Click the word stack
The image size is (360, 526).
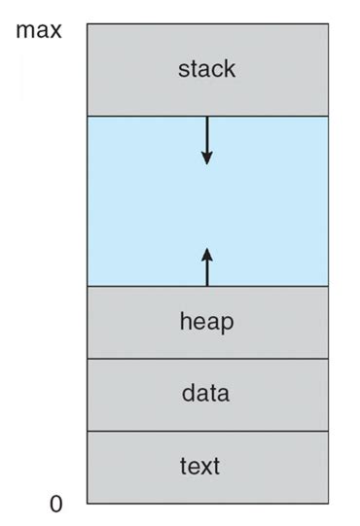click(206, 69)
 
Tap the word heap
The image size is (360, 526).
click(206, 322)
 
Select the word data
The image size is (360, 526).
click(206, 394)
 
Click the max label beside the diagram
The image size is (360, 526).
click(39, 30)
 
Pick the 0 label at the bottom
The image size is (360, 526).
click(55, 503)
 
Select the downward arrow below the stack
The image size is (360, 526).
click(206, 140)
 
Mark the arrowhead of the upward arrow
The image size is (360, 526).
click(206, 251)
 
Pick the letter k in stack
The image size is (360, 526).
click(230, 69)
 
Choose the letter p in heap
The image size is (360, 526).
click(227, 324)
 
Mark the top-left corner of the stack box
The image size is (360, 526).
click(87, 23)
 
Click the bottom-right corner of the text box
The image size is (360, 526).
click(328, 503)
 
